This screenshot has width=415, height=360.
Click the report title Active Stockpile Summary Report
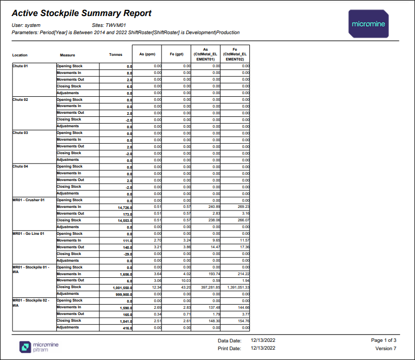pyautogui.click(x=82, y=13)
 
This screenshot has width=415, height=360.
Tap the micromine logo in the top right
pyautogui.click(x=368, y=24)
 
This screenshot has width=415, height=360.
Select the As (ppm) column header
pyautogui.click(x=147, y=54)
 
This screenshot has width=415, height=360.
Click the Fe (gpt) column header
pyautogui.click(x=176, y=54)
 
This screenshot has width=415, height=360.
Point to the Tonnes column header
pyautogui.click(x=116, y=54)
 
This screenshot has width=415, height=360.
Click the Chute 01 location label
pyautogui.click(x=20, y=66)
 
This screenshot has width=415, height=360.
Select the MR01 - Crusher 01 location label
pyautogui.click(x=28, y=200)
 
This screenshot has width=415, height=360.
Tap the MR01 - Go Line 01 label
pyautogui.click(x=28, y=234)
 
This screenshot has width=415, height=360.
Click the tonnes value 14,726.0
pyautogui.click(x=125, y=207)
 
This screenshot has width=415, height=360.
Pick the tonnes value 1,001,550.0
pyautogui.click(x=122, y=288)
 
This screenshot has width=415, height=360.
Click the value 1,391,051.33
pyautogui.click(x=238, y=287)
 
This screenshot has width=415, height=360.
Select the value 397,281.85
pyautogui.click(x=211, y=287)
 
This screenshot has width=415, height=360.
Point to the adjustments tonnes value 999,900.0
pyautogui.click(x=124, y=294)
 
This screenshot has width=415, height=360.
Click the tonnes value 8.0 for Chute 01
pyautogui.click(x=129, y=73)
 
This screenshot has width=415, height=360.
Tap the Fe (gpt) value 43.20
pyautogui.click(x=186, y=287)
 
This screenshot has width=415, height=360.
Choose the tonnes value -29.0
pyautogui.click(x=128, y=254)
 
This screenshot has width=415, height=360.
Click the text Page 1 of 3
pyautogui.click(x=383, y=340)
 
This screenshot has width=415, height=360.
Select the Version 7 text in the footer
pyautogui.click(x=386, y=348)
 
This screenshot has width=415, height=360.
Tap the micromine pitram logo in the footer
pyautogui.click(x=39, y=347)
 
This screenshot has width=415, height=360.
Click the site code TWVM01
pyautogui.click(x=116, y=25)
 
